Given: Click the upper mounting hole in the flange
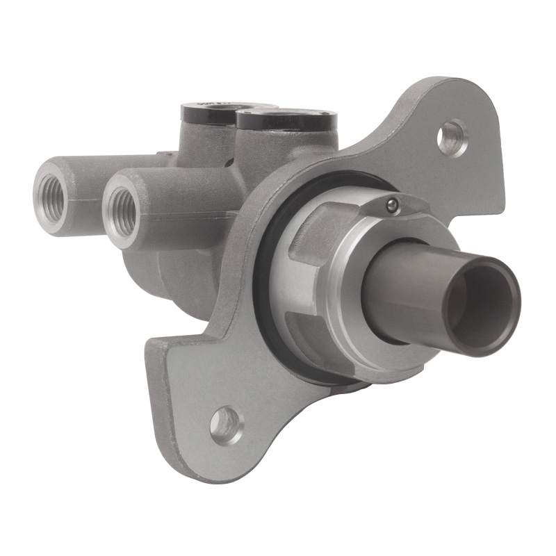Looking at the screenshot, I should coord(452,137).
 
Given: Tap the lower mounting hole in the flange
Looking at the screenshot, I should coord(226,423).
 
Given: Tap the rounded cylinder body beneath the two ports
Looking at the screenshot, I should coord(174,271).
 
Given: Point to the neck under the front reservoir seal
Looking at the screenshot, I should coord(278,149).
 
